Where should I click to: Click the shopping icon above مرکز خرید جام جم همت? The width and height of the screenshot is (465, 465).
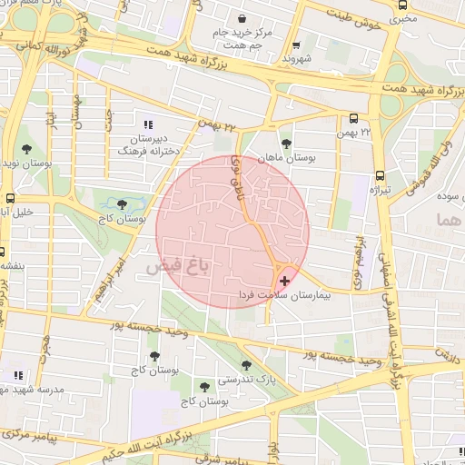tap(242, 18)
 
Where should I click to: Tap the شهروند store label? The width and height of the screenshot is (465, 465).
tap(297, 58)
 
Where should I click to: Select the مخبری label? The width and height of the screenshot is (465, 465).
tap(404, 18)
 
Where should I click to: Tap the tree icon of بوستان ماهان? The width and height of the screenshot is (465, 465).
tap(287, 143)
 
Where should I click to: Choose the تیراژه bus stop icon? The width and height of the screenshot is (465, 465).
tap(379, 175)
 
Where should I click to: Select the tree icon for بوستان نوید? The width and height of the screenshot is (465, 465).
tap(25, 147)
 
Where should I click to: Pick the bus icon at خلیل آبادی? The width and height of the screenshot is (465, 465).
tap(10, 197)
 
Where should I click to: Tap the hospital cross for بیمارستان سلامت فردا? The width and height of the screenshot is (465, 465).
tap(285, 282)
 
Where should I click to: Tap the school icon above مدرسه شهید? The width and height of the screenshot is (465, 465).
tap(17, 375)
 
